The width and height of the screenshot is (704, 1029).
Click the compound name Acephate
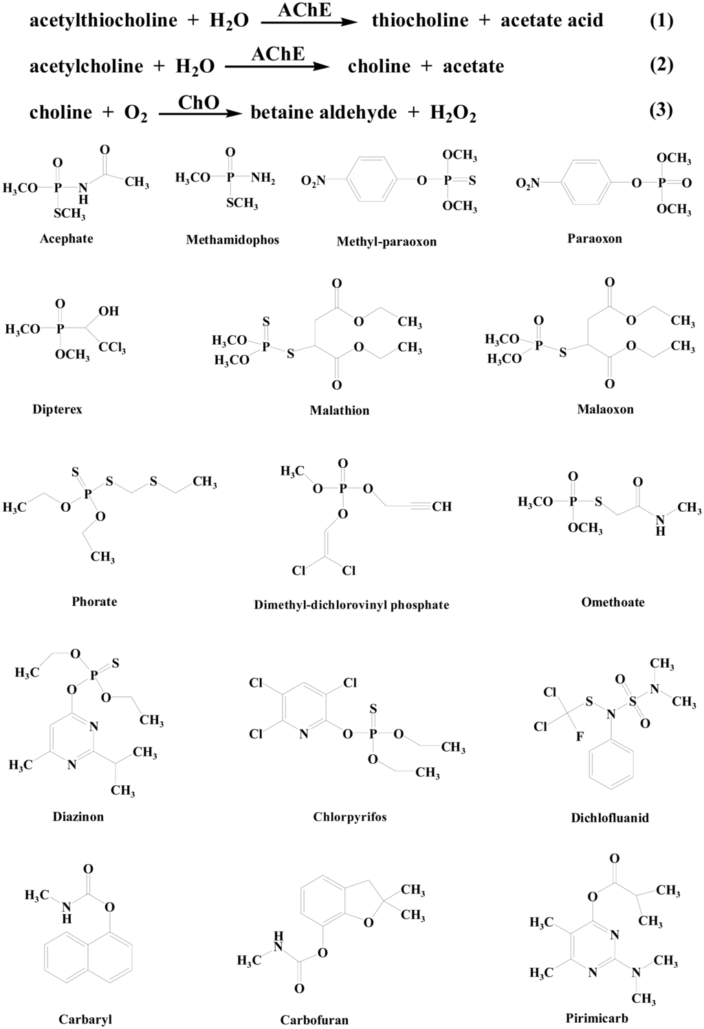66,239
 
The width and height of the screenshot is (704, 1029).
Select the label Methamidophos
232,240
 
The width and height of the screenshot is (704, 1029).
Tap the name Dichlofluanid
610,818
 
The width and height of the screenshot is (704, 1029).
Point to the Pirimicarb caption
597,1018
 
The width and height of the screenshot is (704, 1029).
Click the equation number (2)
661,65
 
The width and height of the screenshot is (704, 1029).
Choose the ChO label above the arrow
199,102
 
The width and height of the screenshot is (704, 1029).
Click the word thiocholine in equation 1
419,21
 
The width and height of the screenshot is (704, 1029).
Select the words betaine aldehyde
324,113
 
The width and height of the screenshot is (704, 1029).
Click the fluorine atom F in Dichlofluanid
580,736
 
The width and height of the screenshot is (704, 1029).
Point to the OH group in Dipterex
108,311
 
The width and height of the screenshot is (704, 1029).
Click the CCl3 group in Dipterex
112,349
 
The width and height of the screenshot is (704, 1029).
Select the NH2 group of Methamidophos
263,179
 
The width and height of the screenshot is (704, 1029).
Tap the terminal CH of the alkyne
441,507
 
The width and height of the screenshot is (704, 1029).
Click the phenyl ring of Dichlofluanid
611,768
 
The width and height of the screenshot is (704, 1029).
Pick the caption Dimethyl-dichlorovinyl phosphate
351,605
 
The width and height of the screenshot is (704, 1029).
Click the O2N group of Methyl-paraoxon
313,181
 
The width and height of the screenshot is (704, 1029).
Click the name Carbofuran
314,1020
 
